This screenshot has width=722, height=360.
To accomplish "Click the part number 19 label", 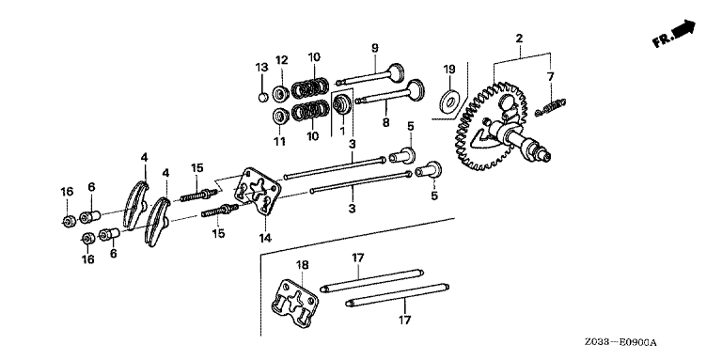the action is [449, 70].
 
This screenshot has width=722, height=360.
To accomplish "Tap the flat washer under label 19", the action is [449, 102].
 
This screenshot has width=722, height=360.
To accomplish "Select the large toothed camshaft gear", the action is [492, 126].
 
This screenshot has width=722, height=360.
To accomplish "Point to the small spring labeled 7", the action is [550, 106].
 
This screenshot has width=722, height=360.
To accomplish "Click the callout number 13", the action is [261, 68].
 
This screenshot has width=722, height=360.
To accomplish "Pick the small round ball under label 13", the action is [263, 98].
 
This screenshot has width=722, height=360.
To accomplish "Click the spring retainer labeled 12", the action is [280, 93].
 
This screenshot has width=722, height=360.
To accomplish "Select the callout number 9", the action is [374, 47].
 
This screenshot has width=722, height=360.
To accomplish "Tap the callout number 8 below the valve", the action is [385, 123].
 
